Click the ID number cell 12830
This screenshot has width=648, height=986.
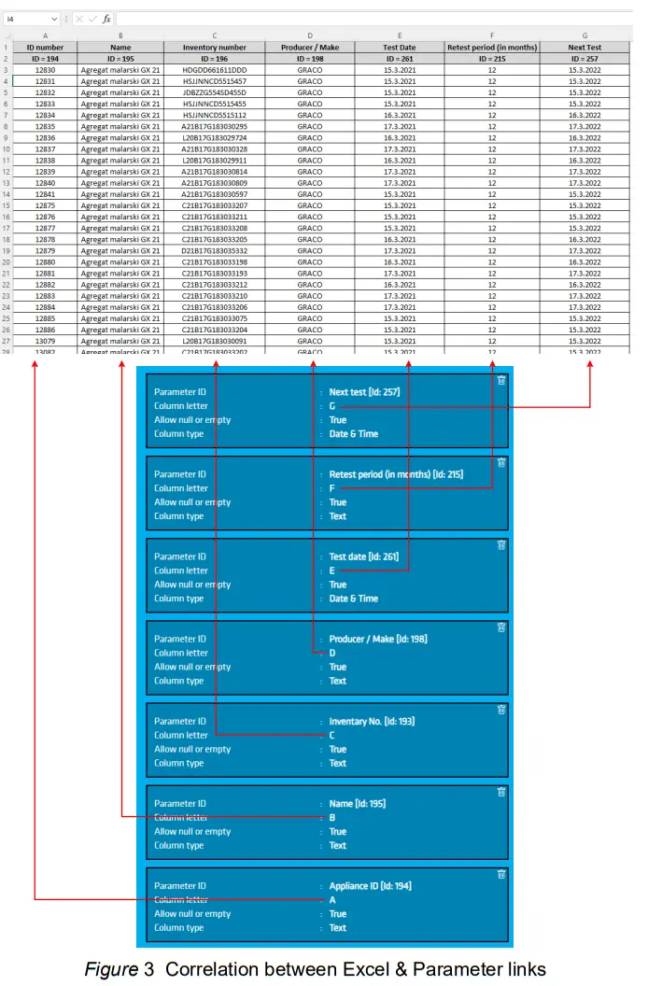[x=45, y=70]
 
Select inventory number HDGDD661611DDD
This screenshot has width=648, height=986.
[x=215, y=70]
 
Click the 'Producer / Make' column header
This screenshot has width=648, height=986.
[x=310, y=47]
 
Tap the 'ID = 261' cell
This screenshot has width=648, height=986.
[x=400, y=58]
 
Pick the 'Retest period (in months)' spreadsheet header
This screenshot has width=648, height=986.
[x=492, y=47]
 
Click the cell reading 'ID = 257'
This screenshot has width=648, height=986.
[x=585, y=58]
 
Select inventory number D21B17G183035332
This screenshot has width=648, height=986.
[x=215, y=251]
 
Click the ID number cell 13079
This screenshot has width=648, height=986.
[x=45, y=342]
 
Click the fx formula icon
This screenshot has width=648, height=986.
[x=106, y=19]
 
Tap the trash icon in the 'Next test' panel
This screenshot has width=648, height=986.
[x=501, y=380]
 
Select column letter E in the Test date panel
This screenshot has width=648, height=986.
[x=331, y=570]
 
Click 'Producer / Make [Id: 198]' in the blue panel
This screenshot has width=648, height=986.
[x=378, y=640]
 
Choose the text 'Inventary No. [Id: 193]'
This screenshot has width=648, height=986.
[x=372, y=722]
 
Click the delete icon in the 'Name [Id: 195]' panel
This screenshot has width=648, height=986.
[x=501, y=792]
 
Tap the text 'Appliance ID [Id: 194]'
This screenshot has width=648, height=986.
[x=370, y=886]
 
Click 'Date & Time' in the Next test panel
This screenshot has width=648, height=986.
[x=353, y=434]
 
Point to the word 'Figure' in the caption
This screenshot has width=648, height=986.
[x=110, y=969]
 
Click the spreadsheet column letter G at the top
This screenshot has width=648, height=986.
[x=585, y=35]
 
